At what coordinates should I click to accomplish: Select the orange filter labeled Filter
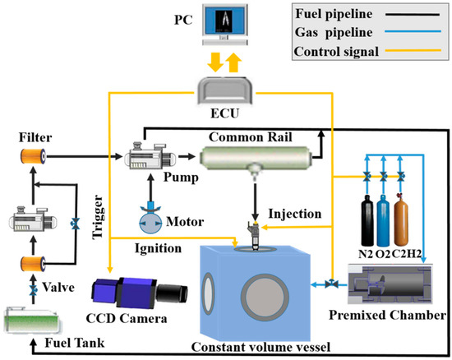(30, 156)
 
